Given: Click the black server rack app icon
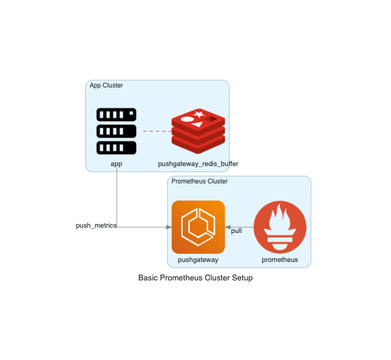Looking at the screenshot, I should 116,131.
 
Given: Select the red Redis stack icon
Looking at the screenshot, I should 198,131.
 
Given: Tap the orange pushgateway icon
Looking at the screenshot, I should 198,227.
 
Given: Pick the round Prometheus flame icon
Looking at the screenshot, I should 280,227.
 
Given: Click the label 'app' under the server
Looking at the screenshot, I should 116,164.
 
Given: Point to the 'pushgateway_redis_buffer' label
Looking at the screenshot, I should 198,164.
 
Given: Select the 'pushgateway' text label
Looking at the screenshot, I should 198,260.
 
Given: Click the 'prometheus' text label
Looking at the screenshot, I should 280,260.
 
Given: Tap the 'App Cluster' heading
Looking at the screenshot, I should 107,85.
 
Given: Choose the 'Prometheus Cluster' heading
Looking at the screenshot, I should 200,181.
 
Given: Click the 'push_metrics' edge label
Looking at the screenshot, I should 96,226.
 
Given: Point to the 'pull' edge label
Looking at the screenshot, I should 236,231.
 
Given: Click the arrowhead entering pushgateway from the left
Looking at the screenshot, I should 169,227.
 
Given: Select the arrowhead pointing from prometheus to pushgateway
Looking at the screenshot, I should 228,227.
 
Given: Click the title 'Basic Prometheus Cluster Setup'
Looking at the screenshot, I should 195,278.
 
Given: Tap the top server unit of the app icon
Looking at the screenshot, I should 116,114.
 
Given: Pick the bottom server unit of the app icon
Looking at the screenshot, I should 116,148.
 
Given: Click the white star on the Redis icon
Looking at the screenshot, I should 199,114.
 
